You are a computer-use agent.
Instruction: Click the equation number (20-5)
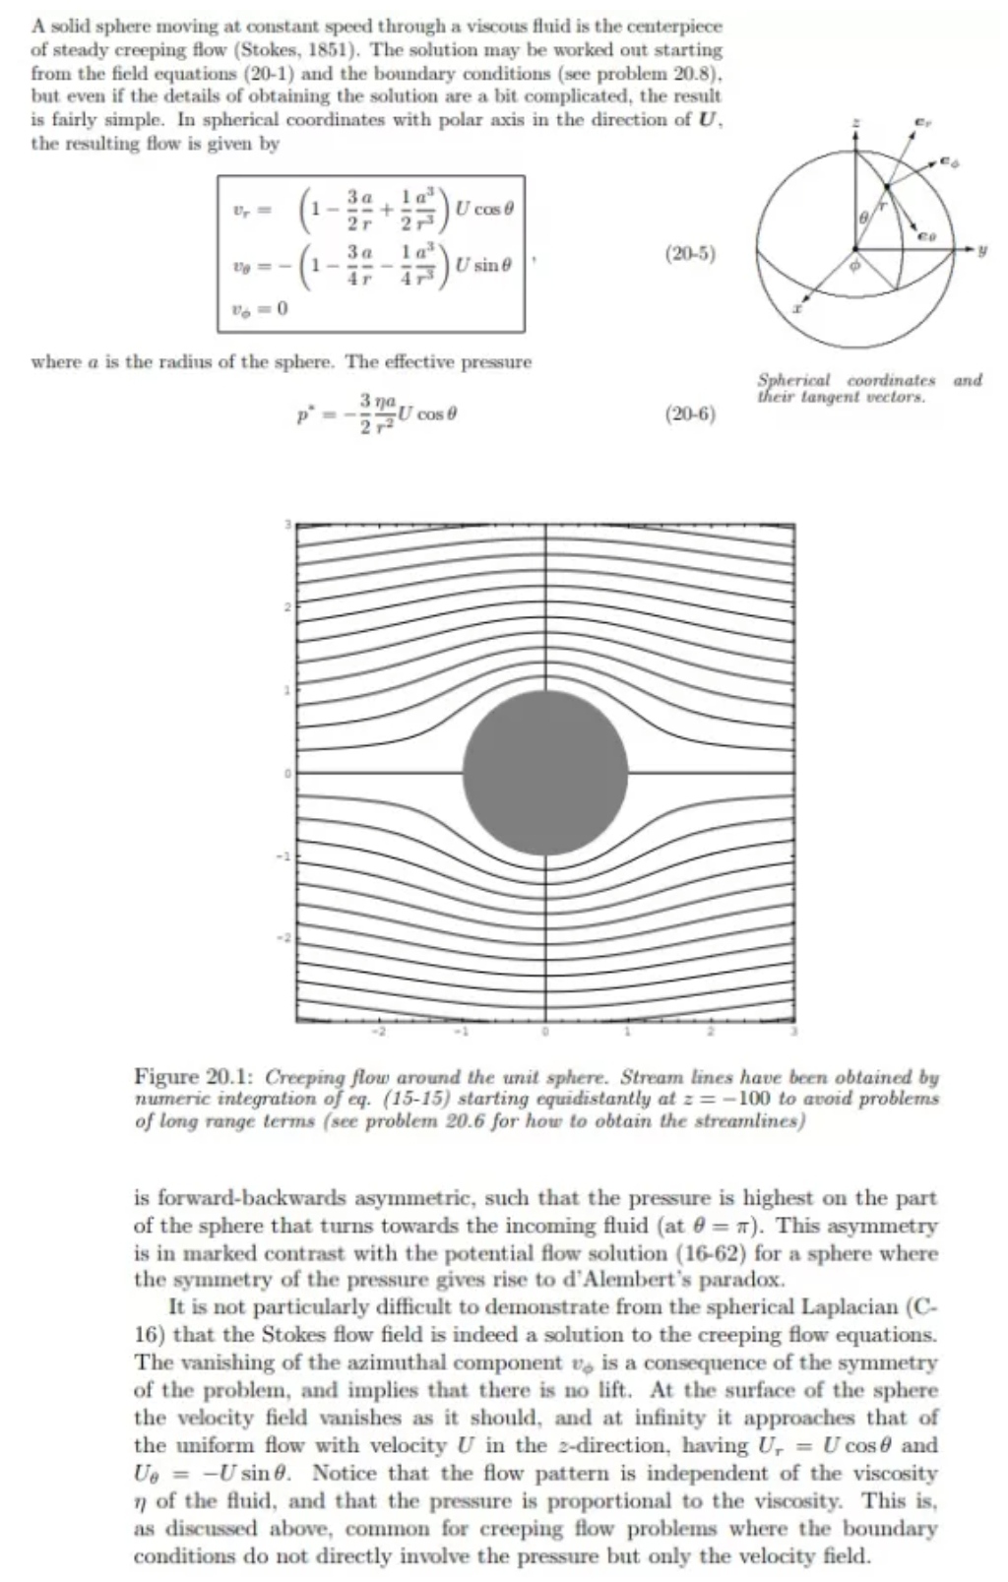pos(690,254)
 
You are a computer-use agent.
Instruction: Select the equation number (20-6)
pos(690,414)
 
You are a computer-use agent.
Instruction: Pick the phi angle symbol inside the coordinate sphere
pos(852,265)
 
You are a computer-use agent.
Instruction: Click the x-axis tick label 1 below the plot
pos(627,1034)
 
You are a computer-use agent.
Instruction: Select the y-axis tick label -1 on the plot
pos(286,855)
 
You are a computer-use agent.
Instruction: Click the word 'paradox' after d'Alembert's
pos(750,1281)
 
